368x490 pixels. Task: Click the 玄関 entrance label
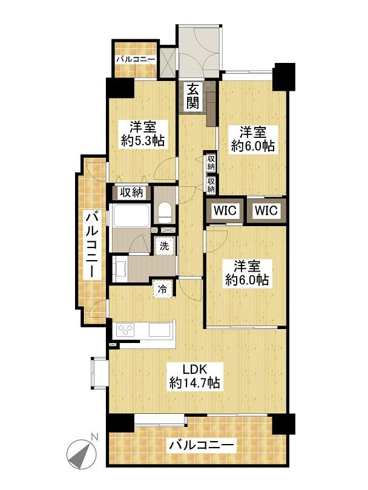[x=192, y=97]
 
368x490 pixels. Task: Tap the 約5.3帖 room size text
[x=143, y=141]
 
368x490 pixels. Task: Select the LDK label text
[x=194, y=370]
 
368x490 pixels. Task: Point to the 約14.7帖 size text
[x=194, y=382]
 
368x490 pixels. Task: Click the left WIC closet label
[x=225, y=211]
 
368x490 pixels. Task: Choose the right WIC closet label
[x=266, y=211]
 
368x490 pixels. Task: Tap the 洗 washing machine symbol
[x=164, y=246]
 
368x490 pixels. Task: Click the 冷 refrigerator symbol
[x=162, y=289]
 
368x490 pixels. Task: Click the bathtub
[x=131, y=215]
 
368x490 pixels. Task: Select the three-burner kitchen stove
[x=125, y=330]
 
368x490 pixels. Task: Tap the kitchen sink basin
[x=159, y=330]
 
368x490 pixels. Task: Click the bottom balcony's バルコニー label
[x=202, y=445]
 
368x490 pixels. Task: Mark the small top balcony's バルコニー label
[x=136, y=59]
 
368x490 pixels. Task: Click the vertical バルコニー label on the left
[x=92, y=244]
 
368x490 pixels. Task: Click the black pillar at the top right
[x=284, y=76]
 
